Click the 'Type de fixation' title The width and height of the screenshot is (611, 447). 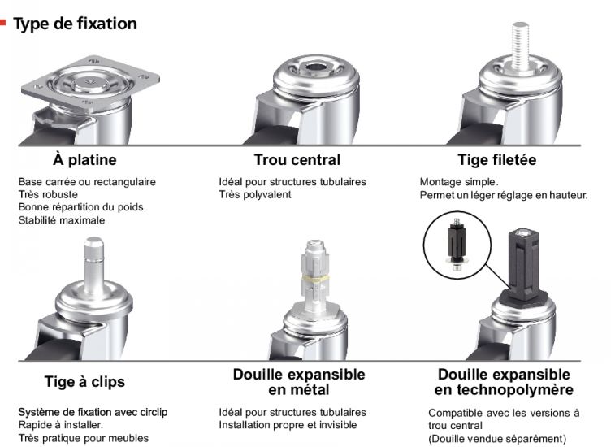pyautogui.click(x=75, y=24)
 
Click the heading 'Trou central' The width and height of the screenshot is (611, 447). pyautogui.click(x=297, y=159)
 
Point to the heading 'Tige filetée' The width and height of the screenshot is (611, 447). pyautogui.click(x=496, y=159)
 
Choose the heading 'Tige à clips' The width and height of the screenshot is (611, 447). pyautogui.click(x=84, y=381)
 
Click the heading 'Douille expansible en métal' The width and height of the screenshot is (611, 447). pyautogui.click(x=298, y=382)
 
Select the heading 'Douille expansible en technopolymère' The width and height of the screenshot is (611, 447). pyautogui.click(x=504, y=382)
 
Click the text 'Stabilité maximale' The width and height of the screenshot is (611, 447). pyautogui.click(x=62, y=219)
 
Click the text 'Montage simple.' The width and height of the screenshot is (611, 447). pyautogui.click(x=458, y=182)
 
